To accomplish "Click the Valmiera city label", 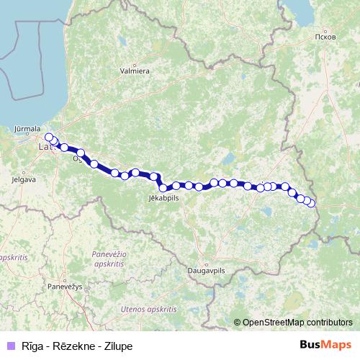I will (135, 71).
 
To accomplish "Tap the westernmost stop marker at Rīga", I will (49, 137).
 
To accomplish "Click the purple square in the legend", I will (10, 346).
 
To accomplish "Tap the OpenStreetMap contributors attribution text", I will (297, 323).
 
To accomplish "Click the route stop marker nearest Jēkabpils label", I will (163, 188).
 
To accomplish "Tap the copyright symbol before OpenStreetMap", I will (238, 323).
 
